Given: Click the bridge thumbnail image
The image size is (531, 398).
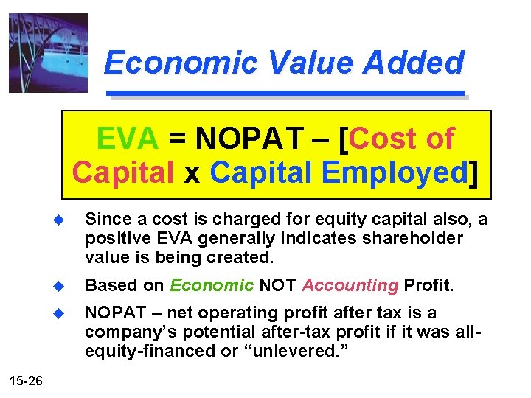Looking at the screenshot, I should [x=48, y=52].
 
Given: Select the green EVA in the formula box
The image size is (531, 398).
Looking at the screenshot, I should [x=127, y=138].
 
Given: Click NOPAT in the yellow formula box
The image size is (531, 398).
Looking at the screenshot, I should [x=250, y=138].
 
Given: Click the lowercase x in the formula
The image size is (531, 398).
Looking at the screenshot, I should [x=192, y=174].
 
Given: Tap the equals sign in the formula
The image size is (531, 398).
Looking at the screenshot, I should [x=177, y=139].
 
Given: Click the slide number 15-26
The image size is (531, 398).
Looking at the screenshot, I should [x=27, y=380].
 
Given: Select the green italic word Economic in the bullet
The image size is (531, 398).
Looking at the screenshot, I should [x=212, y=286].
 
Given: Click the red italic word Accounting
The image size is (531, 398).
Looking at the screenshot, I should [x=350, y=286].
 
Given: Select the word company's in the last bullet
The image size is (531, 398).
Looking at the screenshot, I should [x=122, y=332].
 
